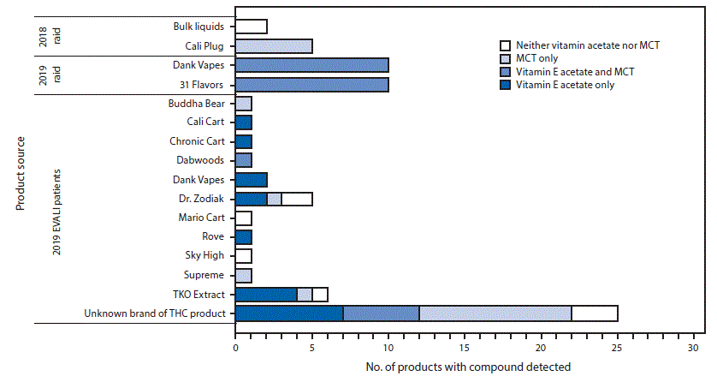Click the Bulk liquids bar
pyautogui.click(x=251, y=27)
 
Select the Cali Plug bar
pyautogui.click(x=274, y=45)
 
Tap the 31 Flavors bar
pyautogui.click(x=311, y=84)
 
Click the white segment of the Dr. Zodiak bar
pyautogui.click(x=297, y=199)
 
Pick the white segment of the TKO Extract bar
pyautogui.click(x=320, y=295)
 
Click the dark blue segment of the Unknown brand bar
pyautogui.click(x=289, y=313)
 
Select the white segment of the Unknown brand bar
pyautogui.click(x=595, y=313)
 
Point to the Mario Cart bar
pyautogui.click(x=243, y=218)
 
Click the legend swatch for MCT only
pyautogui.click(x=505, y=57)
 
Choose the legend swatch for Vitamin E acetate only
pyautogui.click(x=505, y=85)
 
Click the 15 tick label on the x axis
pyautogui.click(x=465, y=349)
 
